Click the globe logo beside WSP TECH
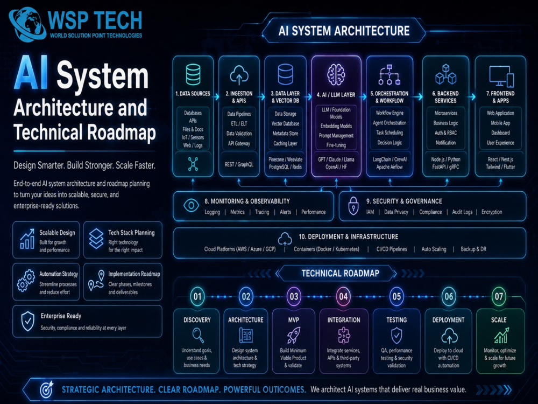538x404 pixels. point(27,24)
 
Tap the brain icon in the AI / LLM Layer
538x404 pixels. point(336,74)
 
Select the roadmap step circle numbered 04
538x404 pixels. point(343,296)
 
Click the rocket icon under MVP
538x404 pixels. point(293,335)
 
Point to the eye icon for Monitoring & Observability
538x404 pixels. point(191,205)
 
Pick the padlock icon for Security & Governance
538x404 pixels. point(353,205)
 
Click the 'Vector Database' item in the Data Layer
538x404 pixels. point(285,124)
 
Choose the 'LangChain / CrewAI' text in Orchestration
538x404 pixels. point(390,159)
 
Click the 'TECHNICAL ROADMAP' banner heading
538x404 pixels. point(341,274)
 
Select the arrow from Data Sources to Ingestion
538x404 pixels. point(216,97)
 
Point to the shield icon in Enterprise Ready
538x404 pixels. point(28,321)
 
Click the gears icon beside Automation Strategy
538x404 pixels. point(26,281)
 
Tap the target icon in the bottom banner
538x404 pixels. point(47,389)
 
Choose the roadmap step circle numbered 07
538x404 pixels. point(499,296)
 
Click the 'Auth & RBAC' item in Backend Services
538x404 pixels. point(445,133)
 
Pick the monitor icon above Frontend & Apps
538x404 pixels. point(501,76)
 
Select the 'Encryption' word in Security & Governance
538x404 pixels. point(492,212)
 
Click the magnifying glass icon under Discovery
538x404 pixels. point(198,335)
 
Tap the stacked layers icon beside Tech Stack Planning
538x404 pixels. point(96,239)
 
